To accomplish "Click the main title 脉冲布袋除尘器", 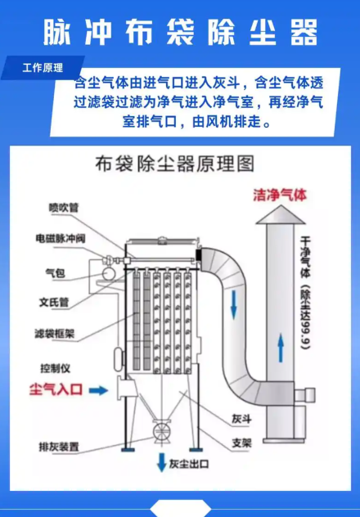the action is coord(180,32).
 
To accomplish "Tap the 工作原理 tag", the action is coord(43,68).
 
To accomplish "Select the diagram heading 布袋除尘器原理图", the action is coord(175,164).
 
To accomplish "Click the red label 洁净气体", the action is coord(280,195).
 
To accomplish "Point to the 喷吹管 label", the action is coord(64,208).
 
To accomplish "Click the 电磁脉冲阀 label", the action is coord(61,238).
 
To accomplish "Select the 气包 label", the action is coord(55,273).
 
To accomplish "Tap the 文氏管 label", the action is coord(54,302).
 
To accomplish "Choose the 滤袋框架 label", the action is coord(55,334).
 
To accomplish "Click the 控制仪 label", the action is coord(55,368).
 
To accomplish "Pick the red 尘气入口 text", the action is coord(56,389).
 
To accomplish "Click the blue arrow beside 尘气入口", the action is coord(98,390).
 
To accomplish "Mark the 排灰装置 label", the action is coord(59,447).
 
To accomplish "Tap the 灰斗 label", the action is coord(241,419).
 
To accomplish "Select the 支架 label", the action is coord(241,443).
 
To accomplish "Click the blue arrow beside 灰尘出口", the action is coord(161,462).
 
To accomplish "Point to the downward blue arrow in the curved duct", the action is coord(234,304).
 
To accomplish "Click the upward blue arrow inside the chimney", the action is coord(281,348).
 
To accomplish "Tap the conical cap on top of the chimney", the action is coord(281,214).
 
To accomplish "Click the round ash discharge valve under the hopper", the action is coord(161,430).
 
